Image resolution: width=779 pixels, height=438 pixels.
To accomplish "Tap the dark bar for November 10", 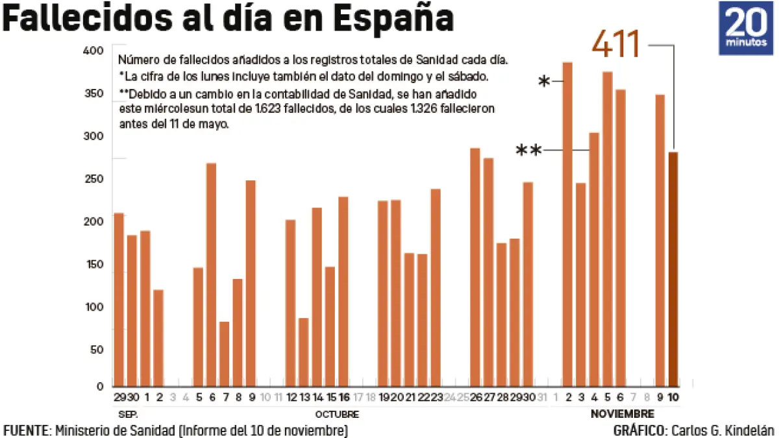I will click(x=674, y=269).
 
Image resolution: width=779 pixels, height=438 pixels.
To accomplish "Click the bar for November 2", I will click(x=567, y=224).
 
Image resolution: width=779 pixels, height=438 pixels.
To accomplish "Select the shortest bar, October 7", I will click(x=225, y=354).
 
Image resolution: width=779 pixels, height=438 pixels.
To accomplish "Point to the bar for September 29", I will click(x=119, y=299).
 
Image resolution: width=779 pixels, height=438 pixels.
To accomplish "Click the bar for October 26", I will click(x=475, y=267).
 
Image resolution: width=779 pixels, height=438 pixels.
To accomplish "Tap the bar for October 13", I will click(x=304, y=352).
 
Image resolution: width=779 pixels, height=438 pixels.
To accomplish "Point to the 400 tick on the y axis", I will click(x=94, y=51).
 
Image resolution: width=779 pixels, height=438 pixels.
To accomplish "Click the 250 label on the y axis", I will click(x=94, y=179).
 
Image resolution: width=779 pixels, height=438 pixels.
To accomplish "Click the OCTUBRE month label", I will click(x=337, y=414).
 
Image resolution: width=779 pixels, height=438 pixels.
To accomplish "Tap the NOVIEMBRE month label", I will click(x=622, y=414).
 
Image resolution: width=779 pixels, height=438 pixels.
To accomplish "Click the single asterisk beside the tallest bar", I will click(x=545, y=82).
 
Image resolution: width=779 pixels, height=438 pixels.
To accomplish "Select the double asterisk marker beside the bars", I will click(x=528, y=151).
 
